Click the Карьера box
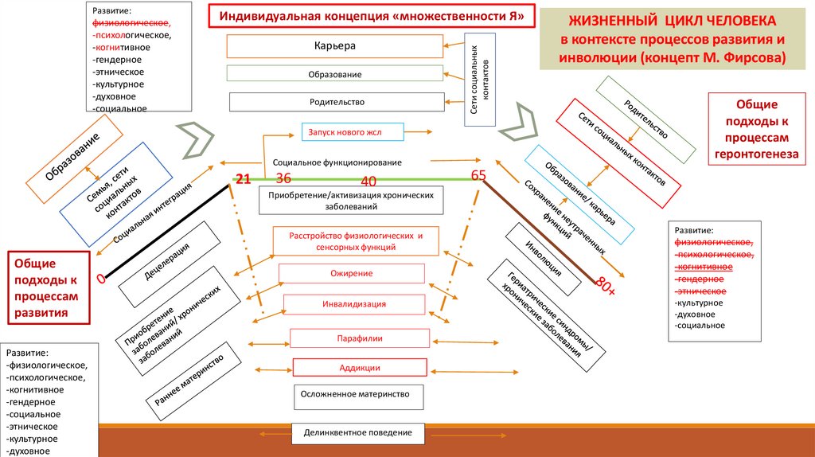(335, 45)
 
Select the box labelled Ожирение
(351, 274)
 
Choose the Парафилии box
(361, 338)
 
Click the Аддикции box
(360, 368)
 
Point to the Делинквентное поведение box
(358, 432)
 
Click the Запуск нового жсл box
(353, 131)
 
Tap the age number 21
(243, 179)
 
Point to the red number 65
(478, 175)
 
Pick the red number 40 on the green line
(369, 181)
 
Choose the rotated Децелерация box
(168, 264)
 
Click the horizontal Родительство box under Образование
(337, 102)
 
